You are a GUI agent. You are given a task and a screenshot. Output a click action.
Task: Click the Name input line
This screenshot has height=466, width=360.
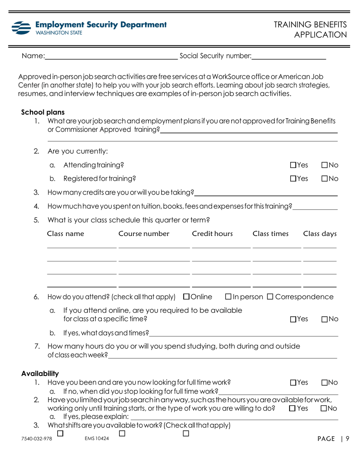click(111, 57)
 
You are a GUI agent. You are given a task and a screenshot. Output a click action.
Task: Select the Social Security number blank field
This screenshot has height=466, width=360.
click(289, 57)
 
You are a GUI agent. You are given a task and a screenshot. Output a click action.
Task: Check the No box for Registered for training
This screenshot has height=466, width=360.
click(325, 178)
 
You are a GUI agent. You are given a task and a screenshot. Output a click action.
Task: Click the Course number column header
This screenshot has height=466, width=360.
click(144, 233)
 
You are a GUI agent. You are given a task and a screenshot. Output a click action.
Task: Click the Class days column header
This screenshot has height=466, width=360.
click(319, 233)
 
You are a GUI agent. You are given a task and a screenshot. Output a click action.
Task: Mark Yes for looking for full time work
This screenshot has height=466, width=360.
click(293, 383)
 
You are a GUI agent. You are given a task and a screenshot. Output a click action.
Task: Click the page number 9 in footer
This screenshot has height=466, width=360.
click(347, 439)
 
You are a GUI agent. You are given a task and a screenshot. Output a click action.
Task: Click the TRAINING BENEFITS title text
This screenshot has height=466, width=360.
click(310, 25)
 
